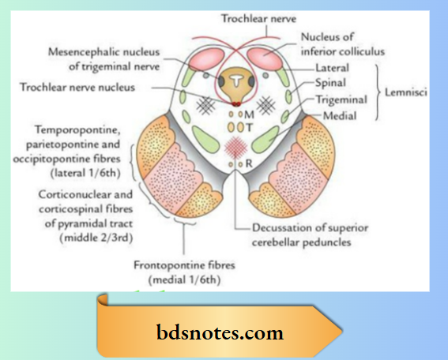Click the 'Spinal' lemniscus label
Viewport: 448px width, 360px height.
[x=330, y=83]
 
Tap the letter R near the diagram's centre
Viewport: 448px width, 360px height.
[x=248, y=164]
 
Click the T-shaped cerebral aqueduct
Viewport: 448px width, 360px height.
[x=235, y=81]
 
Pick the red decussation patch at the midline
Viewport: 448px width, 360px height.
[x=235, y=146]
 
